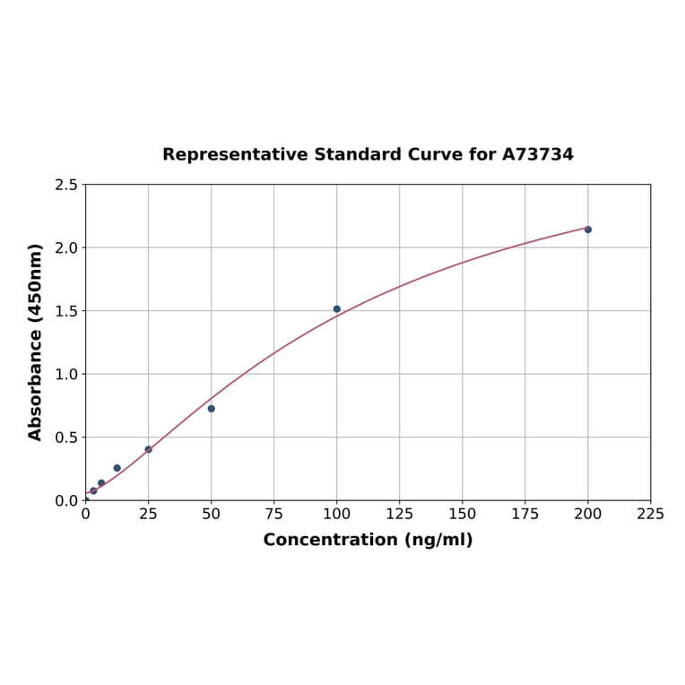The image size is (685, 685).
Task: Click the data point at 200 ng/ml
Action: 588,230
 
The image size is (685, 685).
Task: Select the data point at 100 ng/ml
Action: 337,309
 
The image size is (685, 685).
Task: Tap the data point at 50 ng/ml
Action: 212,409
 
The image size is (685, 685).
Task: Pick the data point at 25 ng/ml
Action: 149,449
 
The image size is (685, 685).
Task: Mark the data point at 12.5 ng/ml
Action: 117,468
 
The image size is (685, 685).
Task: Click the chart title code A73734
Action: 537,155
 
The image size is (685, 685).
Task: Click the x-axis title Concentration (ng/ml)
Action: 368,540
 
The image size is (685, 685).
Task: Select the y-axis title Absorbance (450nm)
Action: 36,342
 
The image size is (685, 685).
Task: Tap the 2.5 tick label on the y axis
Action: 66,185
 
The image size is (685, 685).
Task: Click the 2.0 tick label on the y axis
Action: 66,247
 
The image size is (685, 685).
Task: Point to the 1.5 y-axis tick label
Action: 66,311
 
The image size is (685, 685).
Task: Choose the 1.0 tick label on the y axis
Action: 66,374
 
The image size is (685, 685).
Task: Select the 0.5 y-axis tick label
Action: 66,438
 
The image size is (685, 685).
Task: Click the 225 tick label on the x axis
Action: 651,515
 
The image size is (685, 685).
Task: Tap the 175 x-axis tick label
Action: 525,515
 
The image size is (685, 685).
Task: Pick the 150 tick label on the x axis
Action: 463,515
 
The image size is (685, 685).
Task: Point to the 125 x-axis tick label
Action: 400,515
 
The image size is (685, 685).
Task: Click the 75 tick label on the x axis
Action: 274,515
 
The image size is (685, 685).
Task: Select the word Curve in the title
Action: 435,155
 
